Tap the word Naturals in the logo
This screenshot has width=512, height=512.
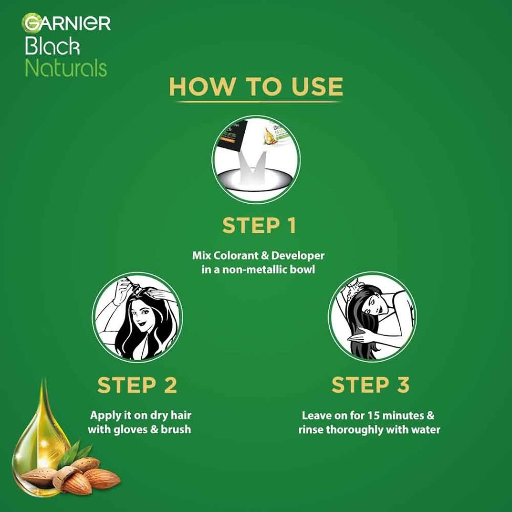[x=66, y=68]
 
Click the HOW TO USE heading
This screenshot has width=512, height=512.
[x=256, y=87]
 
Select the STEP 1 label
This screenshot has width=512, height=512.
[x=259, y=226]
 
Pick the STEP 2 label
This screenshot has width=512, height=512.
[x=137, y=386]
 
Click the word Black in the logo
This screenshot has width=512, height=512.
[x=52, y=47]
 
